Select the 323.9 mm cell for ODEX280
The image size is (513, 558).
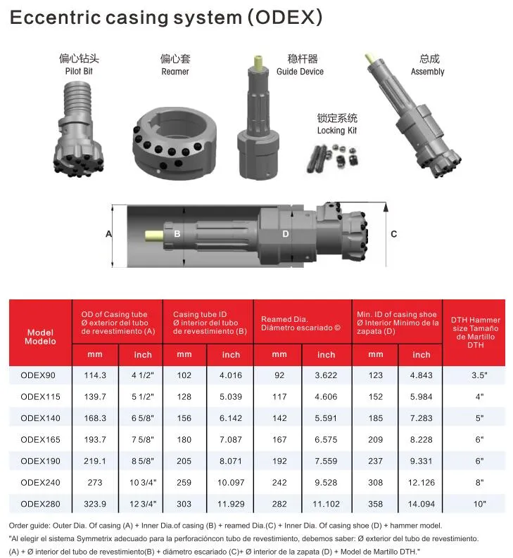click(x=94, y=503)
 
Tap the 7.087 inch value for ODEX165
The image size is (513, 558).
click(x=231, y=439)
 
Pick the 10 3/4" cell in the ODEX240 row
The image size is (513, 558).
click(x=143, y=482)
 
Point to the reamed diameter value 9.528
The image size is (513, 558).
click(x=326, y=482)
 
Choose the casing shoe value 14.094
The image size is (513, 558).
click(x=421, y=503)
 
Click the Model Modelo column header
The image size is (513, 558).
click(x=40, y=337)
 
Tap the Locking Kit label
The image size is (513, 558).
click(x=336, y=130)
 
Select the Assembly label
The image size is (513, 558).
click(x=427, y=72)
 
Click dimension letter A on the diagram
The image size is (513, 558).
click(x=109, y=233)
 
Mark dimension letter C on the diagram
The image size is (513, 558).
click(x=393, y=234)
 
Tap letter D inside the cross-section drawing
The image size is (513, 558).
click(x=285, y=234)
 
